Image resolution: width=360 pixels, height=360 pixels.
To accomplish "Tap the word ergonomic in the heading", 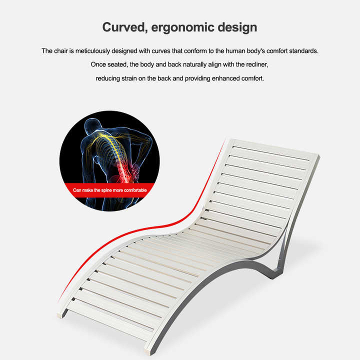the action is click(182, 28).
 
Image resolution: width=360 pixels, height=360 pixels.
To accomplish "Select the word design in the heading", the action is click(237, 28).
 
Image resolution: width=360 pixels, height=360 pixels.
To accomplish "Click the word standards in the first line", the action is click(304, 50).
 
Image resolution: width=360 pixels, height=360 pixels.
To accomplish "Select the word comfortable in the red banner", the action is click(135, 190).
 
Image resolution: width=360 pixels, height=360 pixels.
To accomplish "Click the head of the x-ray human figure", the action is click(92, 126).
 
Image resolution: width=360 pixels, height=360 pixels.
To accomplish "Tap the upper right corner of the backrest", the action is click(318, 156).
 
